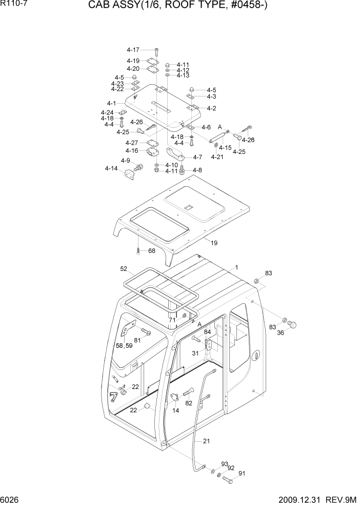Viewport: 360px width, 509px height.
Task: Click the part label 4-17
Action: coord(133,50)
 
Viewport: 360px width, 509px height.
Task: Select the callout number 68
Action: coord(151,251)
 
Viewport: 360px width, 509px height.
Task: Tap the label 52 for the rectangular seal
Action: coord(124,268)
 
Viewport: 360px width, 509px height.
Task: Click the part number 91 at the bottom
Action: coord(242,474)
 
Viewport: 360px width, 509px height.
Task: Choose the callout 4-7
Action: coord(197,157)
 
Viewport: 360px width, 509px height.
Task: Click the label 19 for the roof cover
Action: coord(214,242)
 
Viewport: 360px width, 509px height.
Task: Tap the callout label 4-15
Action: coord(225,148)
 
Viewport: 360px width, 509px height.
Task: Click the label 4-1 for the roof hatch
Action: coord(111,103)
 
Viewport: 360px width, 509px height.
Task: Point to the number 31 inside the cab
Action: coord(195,353)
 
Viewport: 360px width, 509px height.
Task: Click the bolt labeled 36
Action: coord(293,324)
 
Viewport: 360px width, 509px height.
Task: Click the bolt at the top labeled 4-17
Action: coord(156,50)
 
